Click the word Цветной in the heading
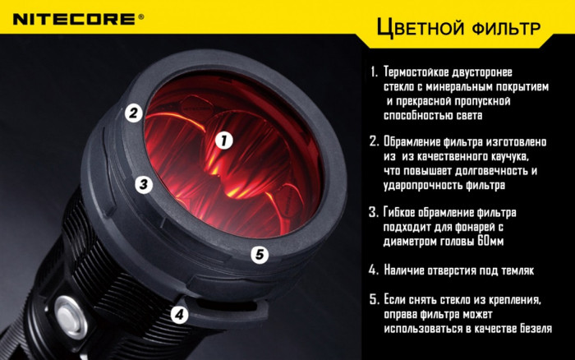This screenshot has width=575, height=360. (x=419, y=29)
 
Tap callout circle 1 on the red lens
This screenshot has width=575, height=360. (x=222, y=141)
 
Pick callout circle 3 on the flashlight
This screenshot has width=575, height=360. (x=144, y=184)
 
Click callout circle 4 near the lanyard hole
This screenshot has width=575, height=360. (x=180, y=314)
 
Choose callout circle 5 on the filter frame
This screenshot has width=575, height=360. (x=260, y=255)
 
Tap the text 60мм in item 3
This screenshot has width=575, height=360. (x=490, y=242)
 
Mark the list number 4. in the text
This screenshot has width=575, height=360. (x=374, y=270)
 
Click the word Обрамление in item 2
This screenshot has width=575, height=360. (x=416, y=141)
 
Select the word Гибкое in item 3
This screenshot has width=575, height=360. (x=403, y=212)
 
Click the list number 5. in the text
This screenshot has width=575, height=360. (x=374, y=299)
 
